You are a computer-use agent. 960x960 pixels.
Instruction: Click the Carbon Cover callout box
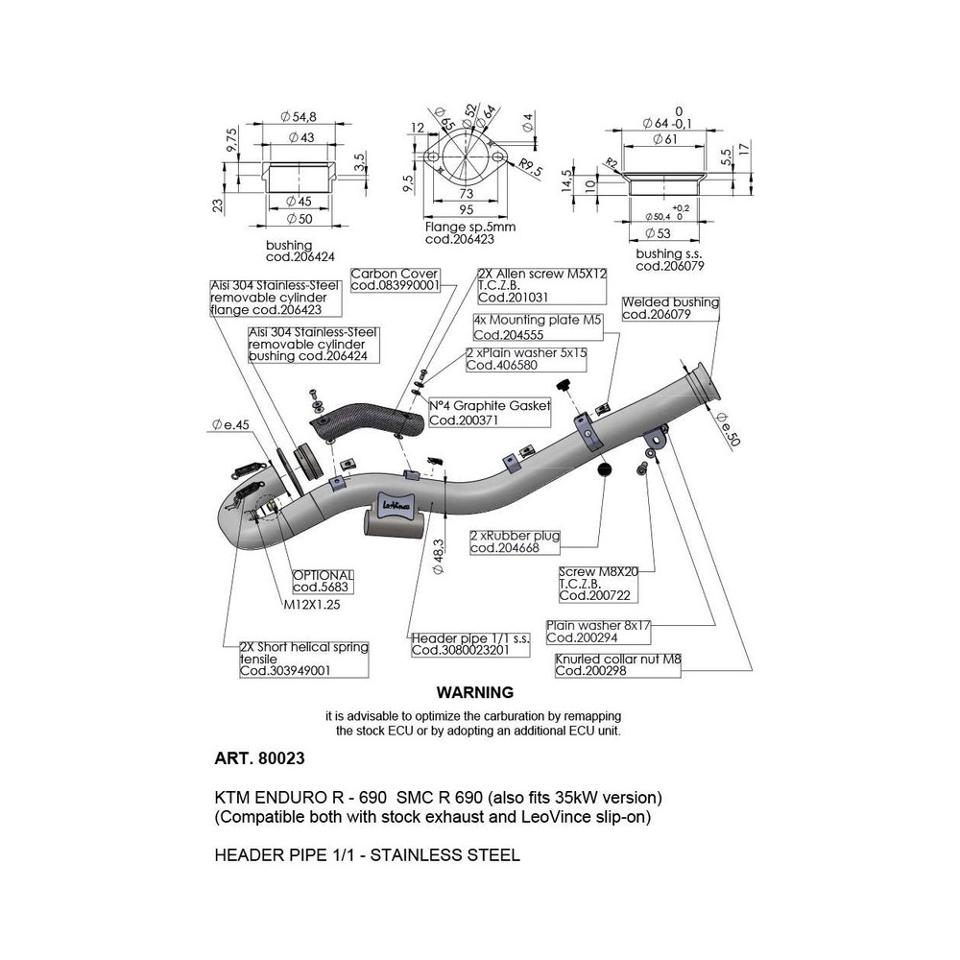[395, 279]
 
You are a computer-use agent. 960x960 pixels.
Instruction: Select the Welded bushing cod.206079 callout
[670, 307]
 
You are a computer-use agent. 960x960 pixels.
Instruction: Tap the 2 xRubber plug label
[515, 542]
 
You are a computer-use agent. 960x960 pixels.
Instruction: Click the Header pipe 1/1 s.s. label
[470, 643]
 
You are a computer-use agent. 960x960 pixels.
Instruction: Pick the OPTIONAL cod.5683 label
[323, 581]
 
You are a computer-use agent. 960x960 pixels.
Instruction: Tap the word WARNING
[474, 691]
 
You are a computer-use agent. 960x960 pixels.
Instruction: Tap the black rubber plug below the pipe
[605, 470]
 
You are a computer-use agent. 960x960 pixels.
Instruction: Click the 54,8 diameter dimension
[300, 116]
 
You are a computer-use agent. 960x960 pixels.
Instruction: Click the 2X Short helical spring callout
[303, 659]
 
